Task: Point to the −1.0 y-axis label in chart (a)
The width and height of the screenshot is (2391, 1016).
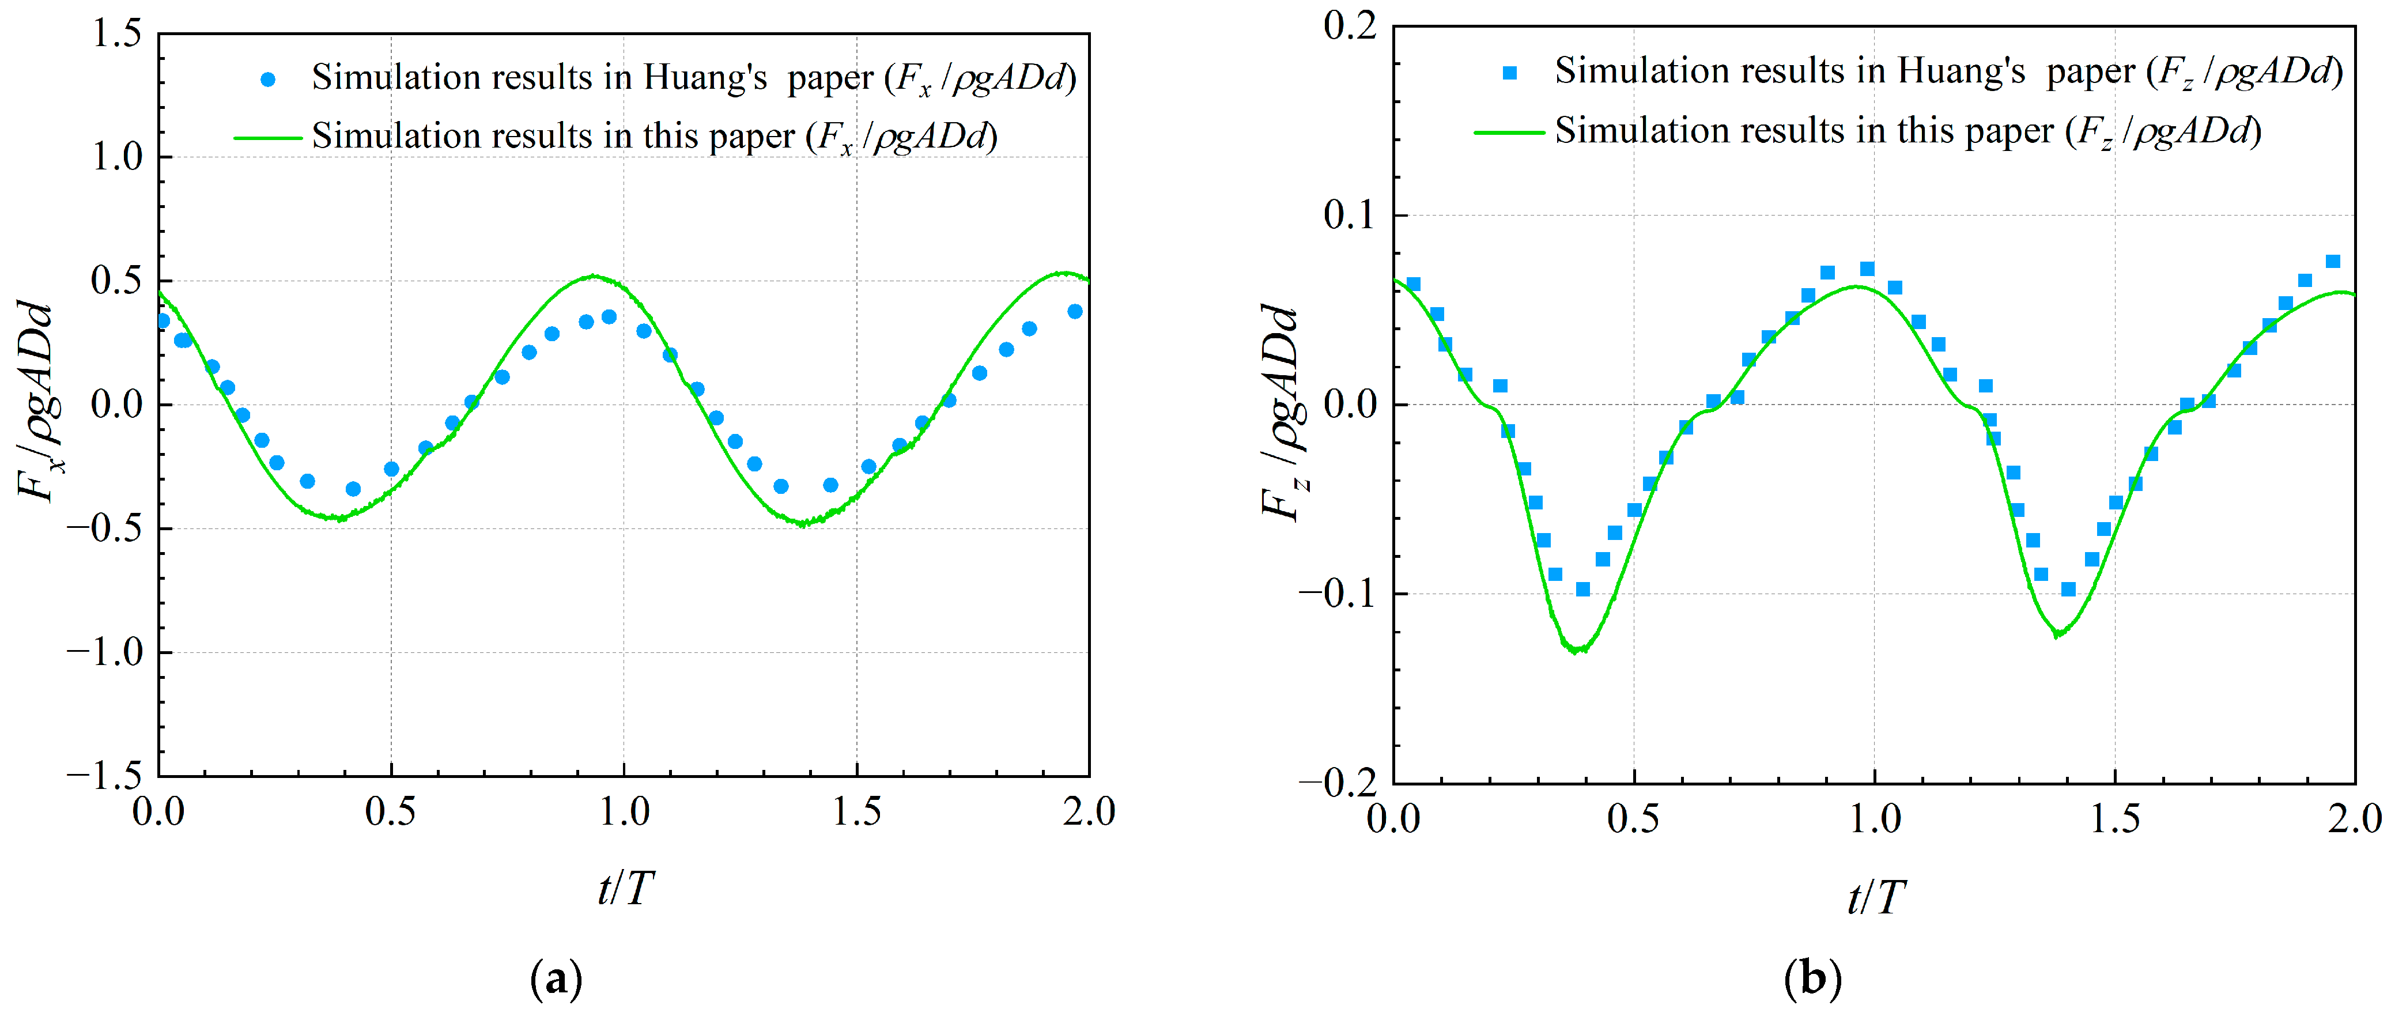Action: (x=103, y=652)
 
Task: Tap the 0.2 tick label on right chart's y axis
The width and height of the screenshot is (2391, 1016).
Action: (x=1350, y=26)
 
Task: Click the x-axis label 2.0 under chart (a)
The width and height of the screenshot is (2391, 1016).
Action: (x=1089, y=812)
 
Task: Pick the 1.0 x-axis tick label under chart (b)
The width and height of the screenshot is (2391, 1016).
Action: (x=1874, y=818)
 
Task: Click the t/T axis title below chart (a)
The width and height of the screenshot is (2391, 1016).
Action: (x=625, y=888)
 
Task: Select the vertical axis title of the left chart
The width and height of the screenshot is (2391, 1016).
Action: (x=39, y=402)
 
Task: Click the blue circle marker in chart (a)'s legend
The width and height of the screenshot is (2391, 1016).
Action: (x=268, y=80)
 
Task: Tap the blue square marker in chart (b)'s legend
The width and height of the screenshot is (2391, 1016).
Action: (x=1510, y=73)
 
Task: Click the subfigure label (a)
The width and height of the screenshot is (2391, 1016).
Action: (x=556, y=979)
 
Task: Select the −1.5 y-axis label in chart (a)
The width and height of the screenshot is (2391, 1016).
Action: (x=103, y=776)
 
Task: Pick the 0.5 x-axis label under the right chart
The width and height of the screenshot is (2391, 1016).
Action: (x=1634, y=818)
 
